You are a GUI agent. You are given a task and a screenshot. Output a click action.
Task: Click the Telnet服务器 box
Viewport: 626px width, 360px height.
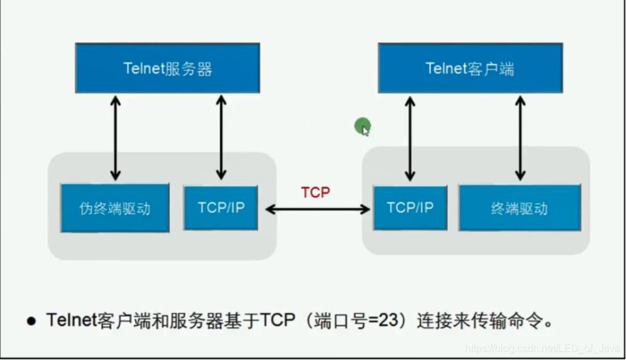167,69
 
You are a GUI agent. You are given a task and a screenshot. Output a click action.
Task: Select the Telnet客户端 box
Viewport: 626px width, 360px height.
470,69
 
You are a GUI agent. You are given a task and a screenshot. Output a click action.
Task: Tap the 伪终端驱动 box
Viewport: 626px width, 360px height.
115,208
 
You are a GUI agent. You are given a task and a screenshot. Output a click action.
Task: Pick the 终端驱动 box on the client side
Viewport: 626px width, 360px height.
519,208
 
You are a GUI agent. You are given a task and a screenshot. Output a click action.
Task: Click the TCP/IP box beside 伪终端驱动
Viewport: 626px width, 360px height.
220,208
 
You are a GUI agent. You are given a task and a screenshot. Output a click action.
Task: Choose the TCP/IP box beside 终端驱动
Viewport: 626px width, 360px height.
410,208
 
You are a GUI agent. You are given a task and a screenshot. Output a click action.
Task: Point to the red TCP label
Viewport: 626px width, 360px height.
316,193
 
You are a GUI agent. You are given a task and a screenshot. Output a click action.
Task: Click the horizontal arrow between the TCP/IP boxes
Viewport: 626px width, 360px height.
318,209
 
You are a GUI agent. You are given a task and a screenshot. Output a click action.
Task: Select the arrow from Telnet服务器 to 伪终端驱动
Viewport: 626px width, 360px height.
115,137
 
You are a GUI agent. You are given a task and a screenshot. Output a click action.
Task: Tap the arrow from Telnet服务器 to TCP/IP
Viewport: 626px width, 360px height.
221,137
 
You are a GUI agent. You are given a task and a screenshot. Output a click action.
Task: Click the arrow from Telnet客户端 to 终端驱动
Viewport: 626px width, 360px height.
520,137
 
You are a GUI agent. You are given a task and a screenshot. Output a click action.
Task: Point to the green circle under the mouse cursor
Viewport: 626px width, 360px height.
362,126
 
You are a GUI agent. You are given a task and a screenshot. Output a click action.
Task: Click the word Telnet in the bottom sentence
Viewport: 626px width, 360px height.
70,320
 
